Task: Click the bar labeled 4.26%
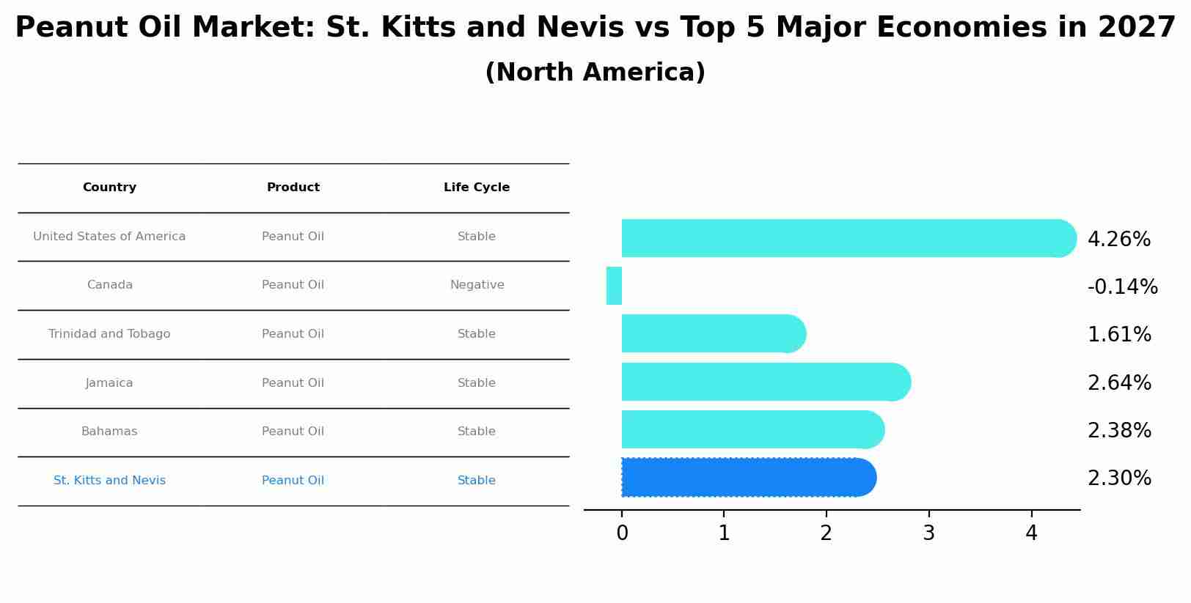pos(843,238)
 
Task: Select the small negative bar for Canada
pos(615,286)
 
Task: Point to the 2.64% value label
pos(1119,382)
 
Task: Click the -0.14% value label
pos(1122,286)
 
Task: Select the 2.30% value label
pos(1119,478)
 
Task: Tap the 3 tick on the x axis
pos(928,533)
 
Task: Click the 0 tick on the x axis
pos(622,533)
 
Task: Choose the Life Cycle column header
pos(477,188)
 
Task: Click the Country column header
pos(109,188)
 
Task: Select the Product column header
pos(293,188)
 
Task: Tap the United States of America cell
pos(109,237)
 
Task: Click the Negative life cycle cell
pos(477,285)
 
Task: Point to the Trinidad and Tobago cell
pos(109,334)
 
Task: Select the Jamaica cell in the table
pos(109,383)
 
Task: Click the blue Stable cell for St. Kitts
pos(477,481)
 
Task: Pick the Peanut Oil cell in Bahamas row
pos(293,432)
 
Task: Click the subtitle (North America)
pos(595,73)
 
